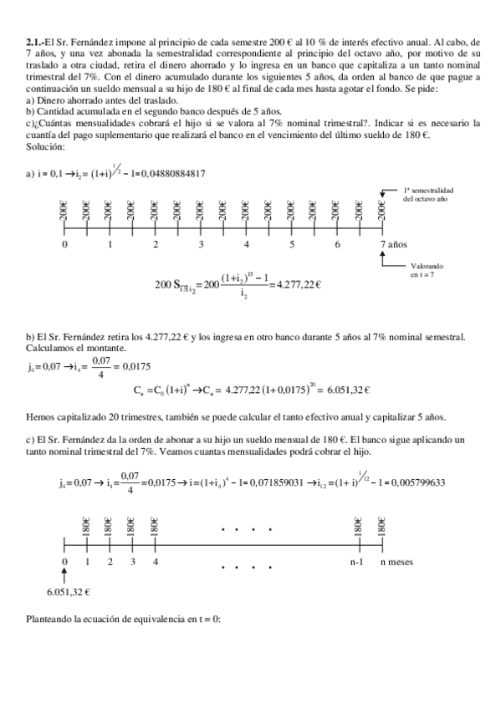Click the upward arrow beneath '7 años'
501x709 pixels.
(384, 259)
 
